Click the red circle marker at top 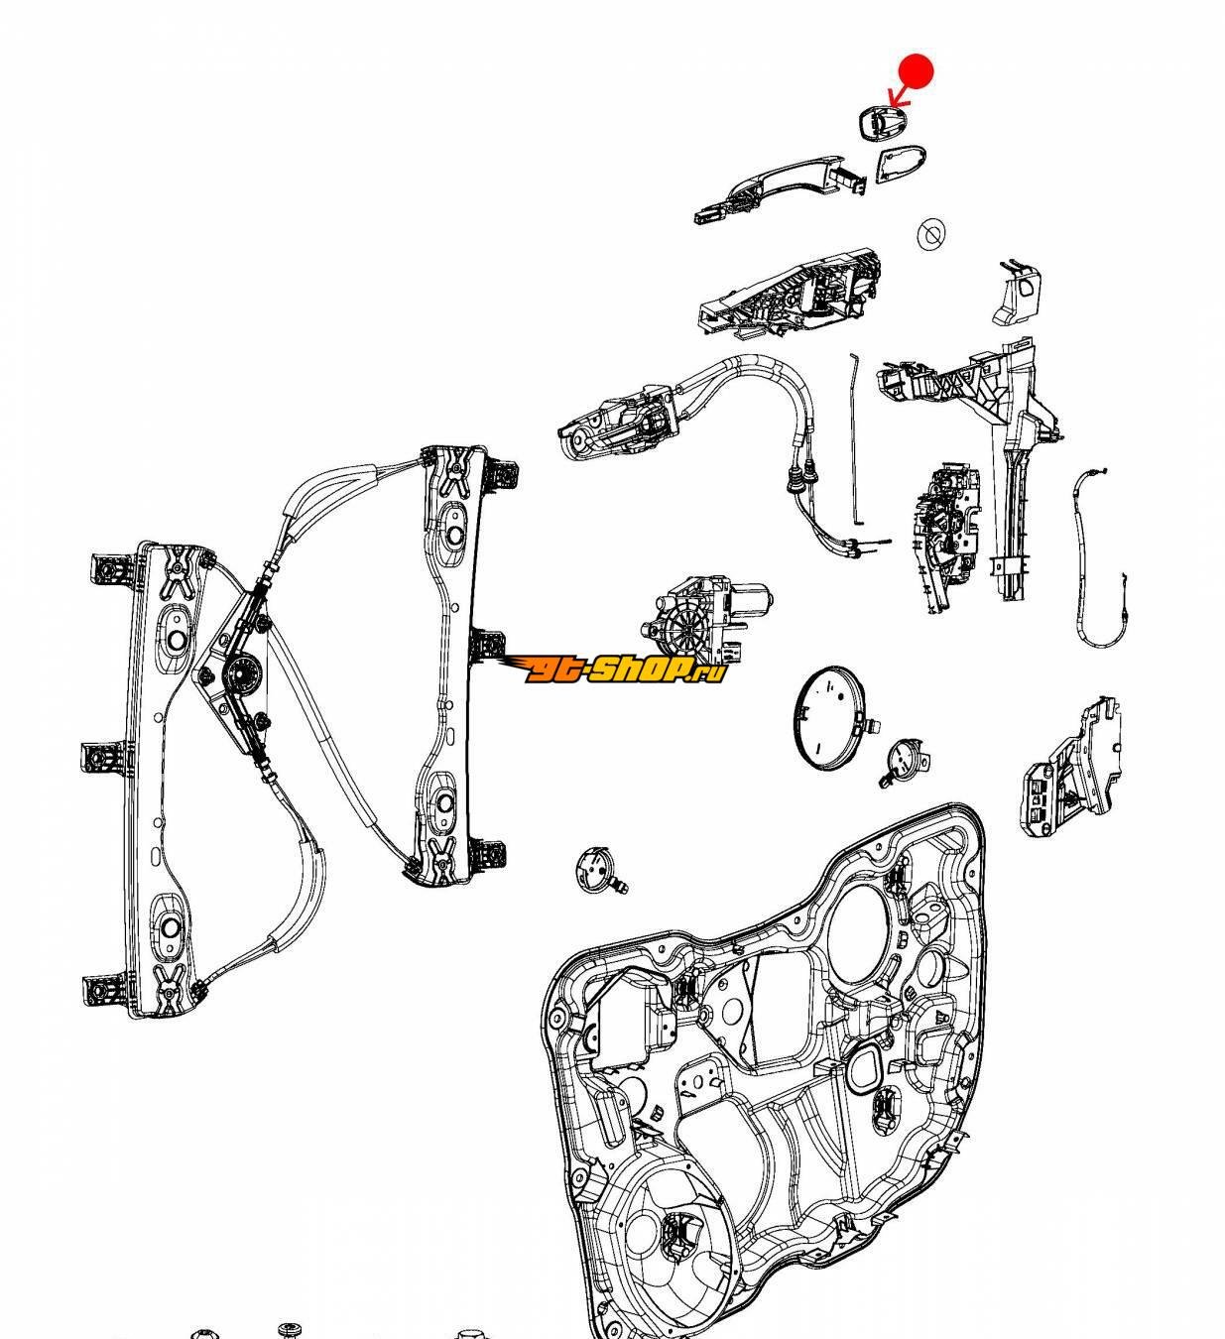coord(917,71)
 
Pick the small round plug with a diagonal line coord(930,234)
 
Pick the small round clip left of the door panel coord(596,868)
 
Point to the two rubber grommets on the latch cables coord(800,480)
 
